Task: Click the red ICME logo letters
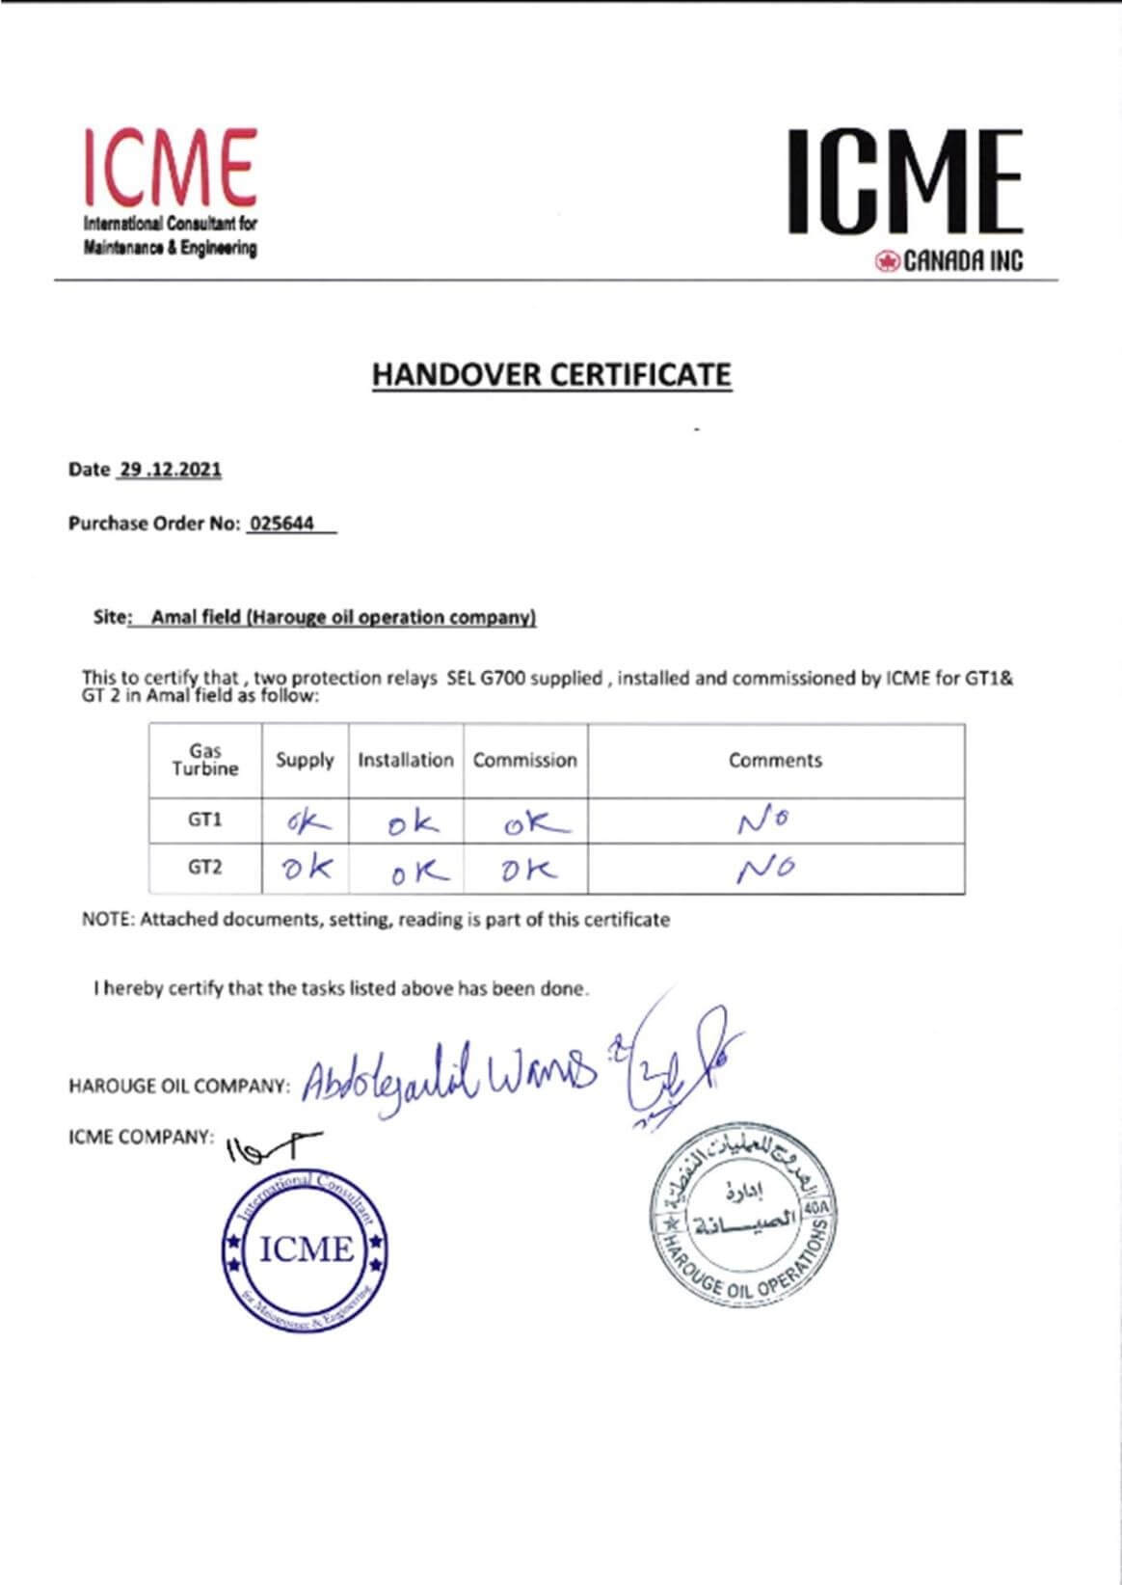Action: coord(170,169)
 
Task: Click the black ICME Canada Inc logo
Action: coord(904,183)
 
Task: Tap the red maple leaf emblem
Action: coord(887,260)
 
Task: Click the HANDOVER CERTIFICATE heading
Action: coord(551,374)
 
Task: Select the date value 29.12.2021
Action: coord(170,470)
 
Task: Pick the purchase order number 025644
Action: coord(282,524)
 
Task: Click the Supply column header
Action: coord(305,760)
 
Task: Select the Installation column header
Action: coord(406,760)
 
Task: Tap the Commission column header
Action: coord(524,760)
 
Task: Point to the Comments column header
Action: coord(775,760)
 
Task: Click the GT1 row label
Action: coord(205,819)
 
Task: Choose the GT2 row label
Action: coord(205,867)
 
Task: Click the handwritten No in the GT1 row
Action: coord(764,821)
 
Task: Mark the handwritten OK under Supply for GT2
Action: coord(307,868)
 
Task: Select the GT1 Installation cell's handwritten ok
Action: coord(412,823)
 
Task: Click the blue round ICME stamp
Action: coord(305,1250)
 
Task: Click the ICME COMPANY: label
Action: coord(141,1137)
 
